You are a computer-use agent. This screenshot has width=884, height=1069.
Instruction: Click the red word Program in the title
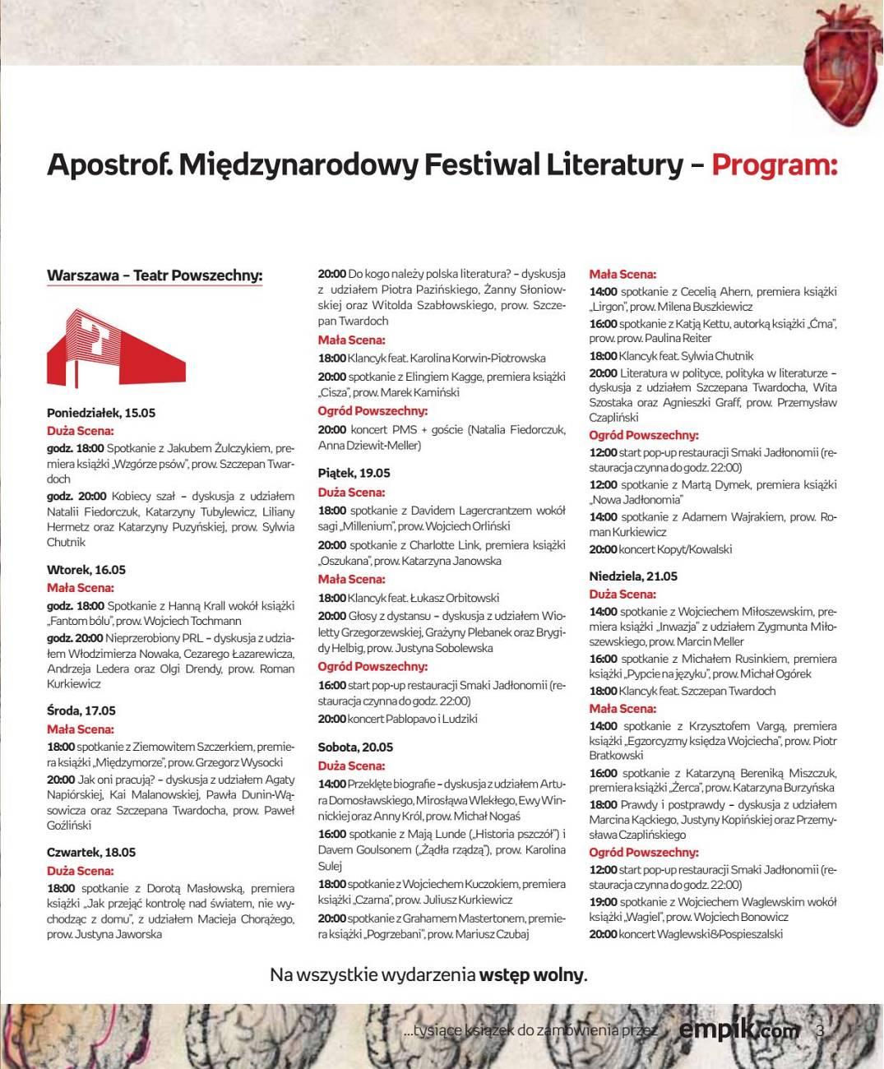(x=773, y=164)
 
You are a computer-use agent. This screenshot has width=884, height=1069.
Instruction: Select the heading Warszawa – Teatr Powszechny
(x=155, y=275)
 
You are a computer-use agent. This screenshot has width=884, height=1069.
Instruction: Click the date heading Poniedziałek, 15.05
(x=101, y=413)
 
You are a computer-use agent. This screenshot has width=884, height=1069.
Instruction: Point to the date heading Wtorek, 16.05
(x=86, y=570)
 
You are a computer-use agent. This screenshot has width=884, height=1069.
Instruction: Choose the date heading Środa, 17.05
(x=81, y=710)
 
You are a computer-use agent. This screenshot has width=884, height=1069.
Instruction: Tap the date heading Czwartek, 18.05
(x=91, y=853)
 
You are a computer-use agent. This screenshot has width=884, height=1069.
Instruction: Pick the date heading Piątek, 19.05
(x=354, y=473)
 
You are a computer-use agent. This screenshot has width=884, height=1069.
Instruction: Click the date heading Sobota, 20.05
(x=356, y=747)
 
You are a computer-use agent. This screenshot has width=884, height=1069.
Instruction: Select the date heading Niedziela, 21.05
(x=633, y=576)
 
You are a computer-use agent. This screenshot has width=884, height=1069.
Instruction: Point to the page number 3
(x=819, y=1030)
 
